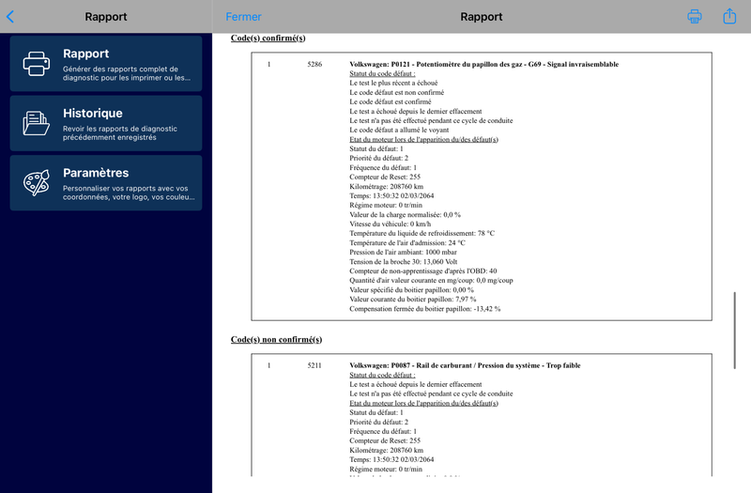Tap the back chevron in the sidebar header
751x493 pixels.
click(10, 16)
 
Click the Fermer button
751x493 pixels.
click(244, 17)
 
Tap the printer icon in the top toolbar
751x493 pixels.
click(695, 16)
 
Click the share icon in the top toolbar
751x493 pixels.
click(729, 16)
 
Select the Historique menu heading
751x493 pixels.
click(92, 113)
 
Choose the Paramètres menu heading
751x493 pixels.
click(96, 173)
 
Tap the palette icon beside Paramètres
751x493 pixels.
click(37, 182)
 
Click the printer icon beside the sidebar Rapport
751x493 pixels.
click(37, 63)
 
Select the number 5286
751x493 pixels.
click(314, 64)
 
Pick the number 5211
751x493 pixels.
click(314, 364)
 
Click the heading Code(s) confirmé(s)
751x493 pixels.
click(268, 38)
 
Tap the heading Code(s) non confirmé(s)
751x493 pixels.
click(276, 339)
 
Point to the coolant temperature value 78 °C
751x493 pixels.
click(485, 233)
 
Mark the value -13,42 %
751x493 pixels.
click(483, 308)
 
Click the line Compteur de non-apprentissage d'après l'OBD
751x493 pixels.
click(422, 270)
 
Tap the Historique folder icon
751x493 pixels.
click(37, 123)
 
